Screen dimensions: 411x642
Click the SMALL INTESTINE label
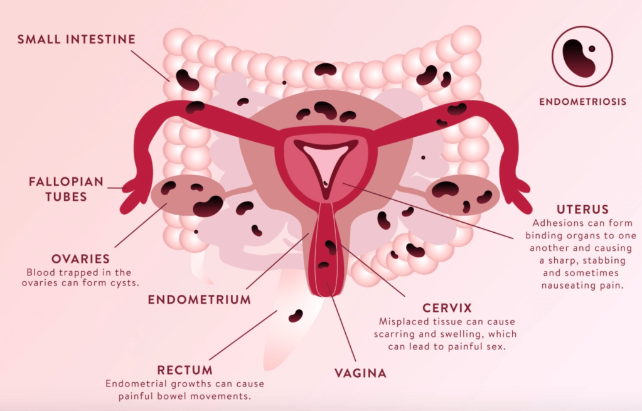point(76,40)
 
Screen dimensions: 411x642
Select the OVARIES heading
point(81,259)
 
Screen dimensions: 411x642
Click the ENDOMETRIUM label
point(199,300)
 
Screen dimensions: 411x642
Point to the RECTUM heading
point(185,370)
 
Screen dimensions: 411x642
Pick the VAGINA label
point(360,373)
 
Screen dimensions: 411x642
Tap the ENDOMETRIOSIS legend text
point(582,102)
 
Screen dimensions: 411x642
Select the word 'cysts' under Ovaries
point(124,283)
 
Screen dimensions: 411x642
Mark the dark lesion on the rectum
point(295,316)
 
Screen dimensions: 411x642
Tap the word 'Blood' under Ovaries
point(39,272)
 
